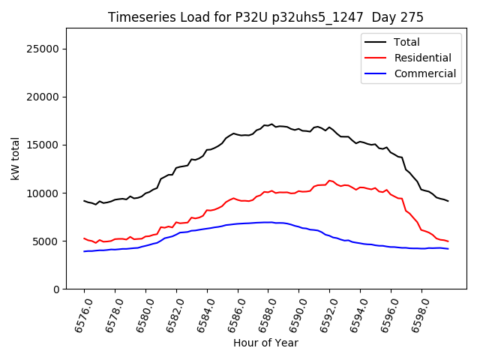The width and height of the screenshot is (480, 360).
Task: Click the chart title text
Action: pyautogui.click(x=265, y=17)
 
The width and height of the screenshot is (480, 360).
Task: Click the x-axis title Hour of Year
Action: pyautogui.click(x=265, y=343)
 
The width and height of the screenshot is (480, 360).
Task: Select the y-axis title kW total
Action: pyautogui.click(x=15, y=158)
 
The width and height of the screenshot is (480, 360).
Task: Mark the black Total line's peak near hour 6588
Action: pyautogui.click(x=271, y=124)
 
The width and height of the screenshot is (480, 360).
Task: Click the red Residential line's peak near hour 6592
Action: pyautogui.click(x=329, y=180)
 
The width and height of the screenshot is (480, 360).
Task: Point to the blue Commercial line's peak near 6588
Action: pyautogui.click(x=268, y=222)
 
